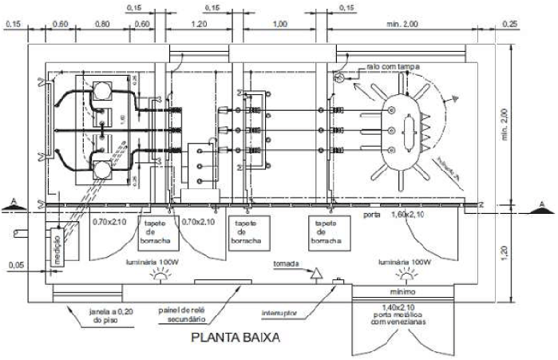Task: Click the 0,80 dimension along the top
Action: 101,24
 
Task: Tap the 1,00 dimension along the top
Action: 279,24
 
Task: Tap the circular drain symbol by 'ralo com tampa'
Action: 340,78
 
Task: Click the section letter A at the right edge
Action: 543,205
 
